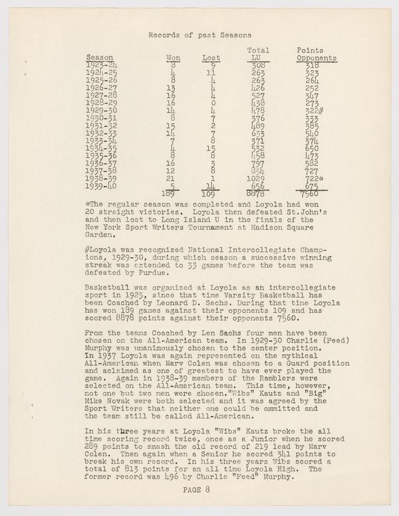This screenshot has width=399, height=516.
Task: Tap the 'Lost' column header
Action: click(211, 58)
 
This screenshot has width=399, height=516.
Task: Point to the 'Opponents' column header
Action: click(317, 58)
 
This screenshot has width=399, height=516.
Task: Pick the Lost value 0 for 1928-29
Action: click(212, 104)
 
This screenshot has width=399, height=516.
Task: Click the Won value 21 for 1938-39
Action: click(172, 179)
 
